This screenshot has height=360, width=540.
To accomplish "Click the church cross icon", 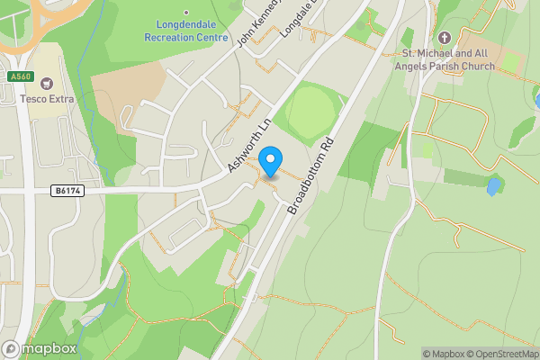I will pos(444,38).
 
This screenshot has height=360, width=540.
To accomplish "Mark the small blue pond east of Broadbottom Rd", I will pos(493,187).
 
